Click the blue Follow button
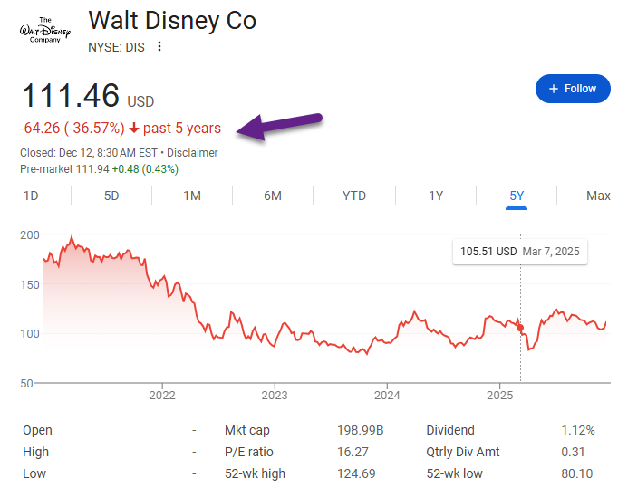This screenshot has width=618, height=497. click(x=573, y=89)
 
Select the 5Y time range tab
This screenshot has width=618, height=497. click(x=517, y=196)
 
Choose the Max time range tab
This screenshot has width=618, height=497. click(x=598, y=196)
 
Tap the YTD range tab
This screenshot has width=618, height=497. click(x=354, y=196)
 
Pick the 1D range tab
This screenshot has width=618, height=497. click(x=31, y=196)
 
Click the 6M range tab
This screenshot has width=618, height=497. click(x=272, y=196)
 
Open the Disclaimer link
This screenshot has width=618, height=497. click(x=192, y=153)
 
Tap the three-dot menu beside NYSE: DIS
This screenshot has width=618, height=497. click(x=160, y=47)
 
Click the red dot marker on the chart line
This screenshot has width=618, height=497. click(x=520, y=328)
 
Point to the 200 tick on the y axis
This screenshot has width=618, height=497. click(x=30, y=235)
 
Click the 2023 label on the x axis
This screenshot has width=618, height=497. click(x=275, y=395)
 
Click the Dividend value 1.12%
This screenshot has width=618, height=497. click(x=577, y=430)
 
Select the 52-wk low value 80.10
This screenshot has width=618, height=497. click(x=577, y=473)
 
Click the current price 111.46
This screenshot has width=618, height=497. click(x=71, y=96)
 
